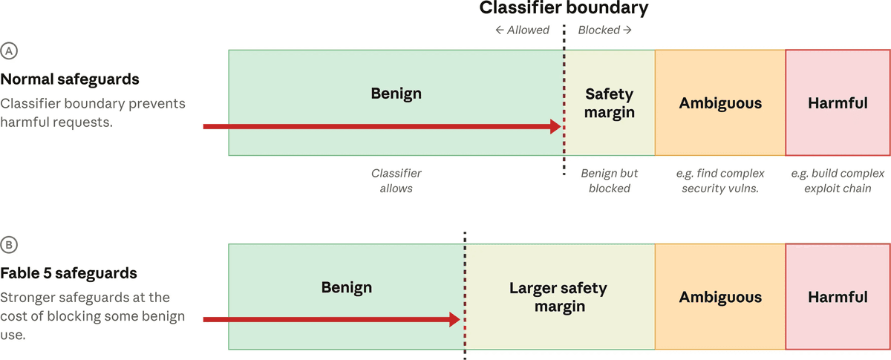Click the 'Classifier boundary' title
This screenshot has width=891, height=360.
point(564,8)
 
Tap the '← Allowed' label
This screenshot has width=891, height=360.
point(522,30)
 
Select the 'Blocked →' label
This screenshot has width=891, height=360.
point(604,30)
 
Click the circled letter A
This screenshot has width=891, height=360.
point(9,51)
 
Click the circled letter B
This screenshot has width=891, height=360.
point(9,245)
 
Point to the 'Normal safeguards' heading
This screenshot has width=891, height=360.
point(70,79)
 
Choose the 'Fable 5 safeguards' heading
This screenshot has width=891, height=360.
point(68,273)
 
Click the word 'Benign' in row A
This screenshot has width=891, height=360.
point(396,94)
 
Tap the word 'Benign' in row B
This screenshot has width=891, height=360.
point(347,287)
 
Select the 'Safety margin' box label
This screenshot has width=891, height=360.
point(610,103)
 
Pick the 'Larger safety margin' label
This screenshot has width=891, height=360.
point(558,297)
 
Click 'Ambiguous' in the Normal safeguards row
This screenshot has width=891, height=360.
point(720,103)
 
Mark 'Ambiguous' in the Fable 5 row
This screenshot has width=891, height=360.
point(720,297)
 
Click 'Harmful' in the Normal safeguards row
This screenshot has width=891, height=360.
point(838,103)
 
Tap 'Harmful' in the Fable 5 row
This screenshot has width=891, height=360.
point(838,297)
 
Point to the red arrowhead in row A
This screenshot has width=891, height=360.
point(555,126)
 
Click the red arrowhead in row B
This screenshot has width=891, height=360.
point(454,319)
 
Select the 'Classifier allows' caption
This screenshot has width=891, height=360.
point(396,180)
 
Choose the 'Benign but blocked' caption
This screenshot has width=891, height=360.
point(610,180)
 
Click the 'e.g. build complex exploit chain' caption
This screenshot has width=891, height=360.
point(838,180)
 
